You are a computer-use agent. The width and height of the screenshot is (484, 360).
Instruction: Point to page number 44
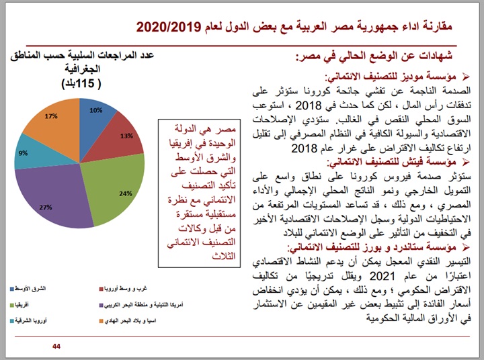point(56,345)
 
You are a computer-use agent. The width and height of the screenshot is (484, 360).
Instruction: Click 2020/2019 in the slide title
point(169,28)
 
